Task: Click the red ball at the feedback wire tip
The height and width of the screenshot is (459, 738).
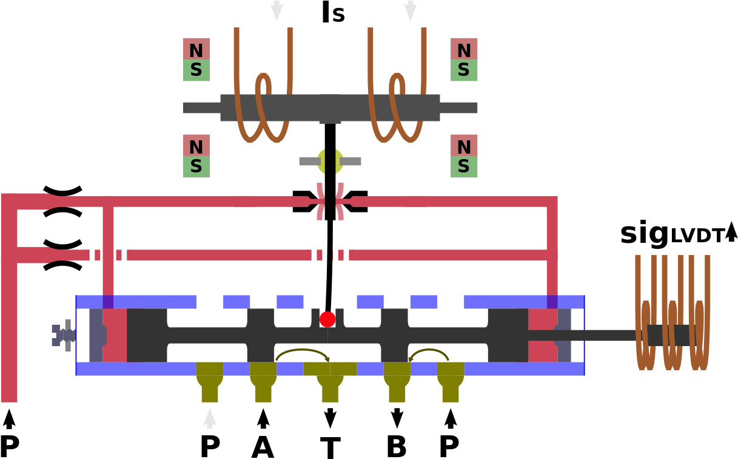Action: pyautogui.click(x=327, y=319)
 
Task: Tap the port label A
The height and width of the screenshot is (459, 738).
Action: pyautogui.click(x=263, y=446)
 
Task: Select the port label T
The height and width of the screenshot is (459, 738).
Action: pyautogui.click(x=330, y=447)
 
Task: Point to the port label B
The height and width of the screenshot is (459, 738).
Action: pyautogui.click(x=397, y=446)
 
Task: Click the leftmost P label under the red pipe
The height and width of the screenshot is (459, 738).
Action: pyautogui.click(x=9, y=446)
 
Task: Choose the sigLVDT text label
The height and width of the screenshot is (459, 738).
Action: pyautogui.click(x=674, y=234)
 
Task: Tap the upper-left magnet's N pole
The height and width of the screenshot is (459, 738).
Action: pyautogui.click(x=196, y=49)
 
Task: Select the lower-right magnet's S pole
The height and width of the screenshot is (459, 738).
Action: pyautogui.click(x=464, y=166)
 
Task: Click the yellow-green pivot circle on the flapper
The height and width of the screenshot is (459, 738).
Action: pyautogui.click(x=330, y=161)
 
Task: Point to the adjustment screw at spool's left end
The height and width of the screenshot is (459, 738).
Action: pyautogui.click(x=64, y=335)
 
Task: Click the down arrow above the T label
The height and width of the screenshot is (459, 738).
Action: pyautogui.click(x=330, y=418)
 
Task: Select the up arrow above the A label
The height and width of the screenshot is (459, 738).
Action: pyautogui.click(x=263, y=418)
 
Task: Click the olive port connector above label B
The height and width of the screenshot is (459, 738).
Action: pyautogui.click(x=397, y=382)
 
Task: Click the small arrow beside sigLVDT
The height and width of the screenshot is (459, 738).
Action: pyautogui.click(x=731, y=232)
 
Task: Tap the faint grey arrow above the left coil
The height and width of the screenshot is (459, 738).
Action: pyautogui.click(x=277, y=10)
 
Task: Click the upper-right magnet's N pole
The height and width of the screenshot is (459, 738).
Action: pyautogui.click(x=464, y=49)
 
